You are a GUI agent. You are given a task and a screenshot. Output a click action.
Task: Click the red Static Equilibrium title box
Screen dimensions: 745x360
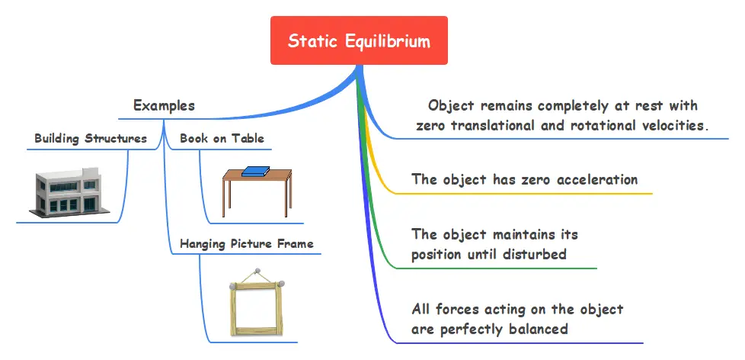[x=359, y=40]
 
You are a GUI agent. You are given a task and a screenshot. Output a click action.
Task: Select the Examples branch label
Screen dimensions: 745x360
[x=164, y=105]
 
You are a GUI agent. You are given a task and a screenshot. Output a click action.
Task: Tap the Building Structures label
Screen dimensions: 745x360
[x=91, y=138]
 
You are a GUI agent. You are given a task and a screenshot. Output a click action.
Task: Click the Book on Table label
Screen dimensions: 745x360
[x=222, y=138]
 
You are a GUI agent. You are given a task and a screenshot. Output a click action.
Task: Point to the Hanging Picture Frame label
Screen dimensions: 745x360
[x=247, y=244]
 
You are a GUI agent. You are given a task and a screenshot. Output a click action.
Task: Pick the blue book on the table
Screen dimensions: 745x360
[x=256, y=171]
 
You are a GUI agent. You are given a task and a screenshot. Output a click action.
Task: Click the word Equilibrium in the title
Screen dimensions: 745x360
[x=388, y=41]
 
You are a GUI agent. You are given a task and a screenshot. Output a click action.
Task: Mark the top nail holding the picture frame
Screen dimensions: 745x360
[x=257, y=272]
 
